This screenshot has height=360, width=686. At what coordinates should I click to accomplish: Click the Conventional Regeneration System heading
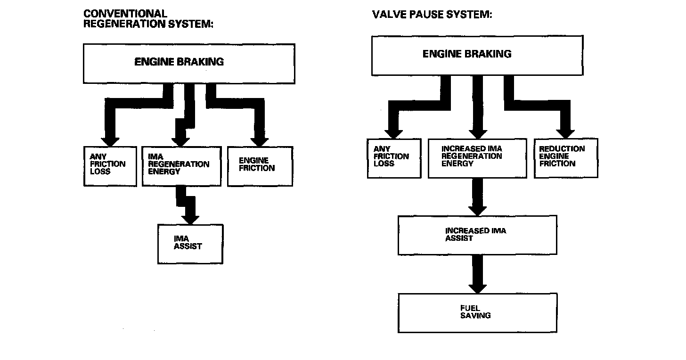pyautogui.click(x=148, y=19)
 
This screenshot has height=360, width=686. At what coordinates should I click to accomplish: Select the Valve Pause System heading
pyautogui.click(x=432, y=14)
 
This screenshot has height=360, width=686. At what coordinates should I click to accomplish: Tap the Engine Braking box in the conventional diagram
pyautogui.click(x=189, y=64)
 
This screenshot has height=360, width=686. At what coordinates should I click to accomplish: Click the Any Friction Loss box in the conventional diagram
pyautogui.click(x=110, y=166)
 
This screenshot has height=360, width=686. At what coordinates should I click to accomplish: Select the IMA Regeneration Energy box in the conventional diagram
pyautogui.click(x=181, y=166)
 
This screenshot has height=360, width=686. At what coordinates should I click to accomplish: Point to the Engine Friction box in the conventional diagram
pyautogui.click(x=260, y=166)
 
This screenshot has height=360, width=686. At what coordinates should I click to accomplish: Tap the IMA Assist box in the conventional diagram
pyautogui.click(x=190, y=244)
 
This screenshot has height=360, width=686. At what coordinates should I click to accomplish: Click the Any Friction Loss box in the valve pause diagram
pyautogui.click(x=394, y=158)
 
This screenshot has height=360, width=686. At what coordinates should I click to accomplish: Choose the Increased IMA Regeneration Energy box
pyautogui.click(x=477, y=158)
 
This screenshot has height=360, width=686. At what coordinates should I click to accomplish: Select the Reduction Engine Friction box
pyautogui.click(x=565, y=158)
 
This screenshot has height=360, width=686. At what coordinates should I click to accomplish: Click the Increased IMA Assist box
pyautogui.click(x=477, y=235)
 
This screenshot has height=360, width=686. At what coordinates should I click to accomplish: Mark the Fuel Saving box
pyautogui.click(x=477, y=313)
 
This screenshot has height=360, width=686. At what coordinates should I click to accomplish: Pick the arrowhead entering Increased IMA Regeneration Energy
pyautogui.click(x=477, y=132)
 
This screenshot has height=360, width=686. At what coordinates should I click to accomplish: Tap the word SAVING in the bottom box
pyautogui.click(x=475, y=315)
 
